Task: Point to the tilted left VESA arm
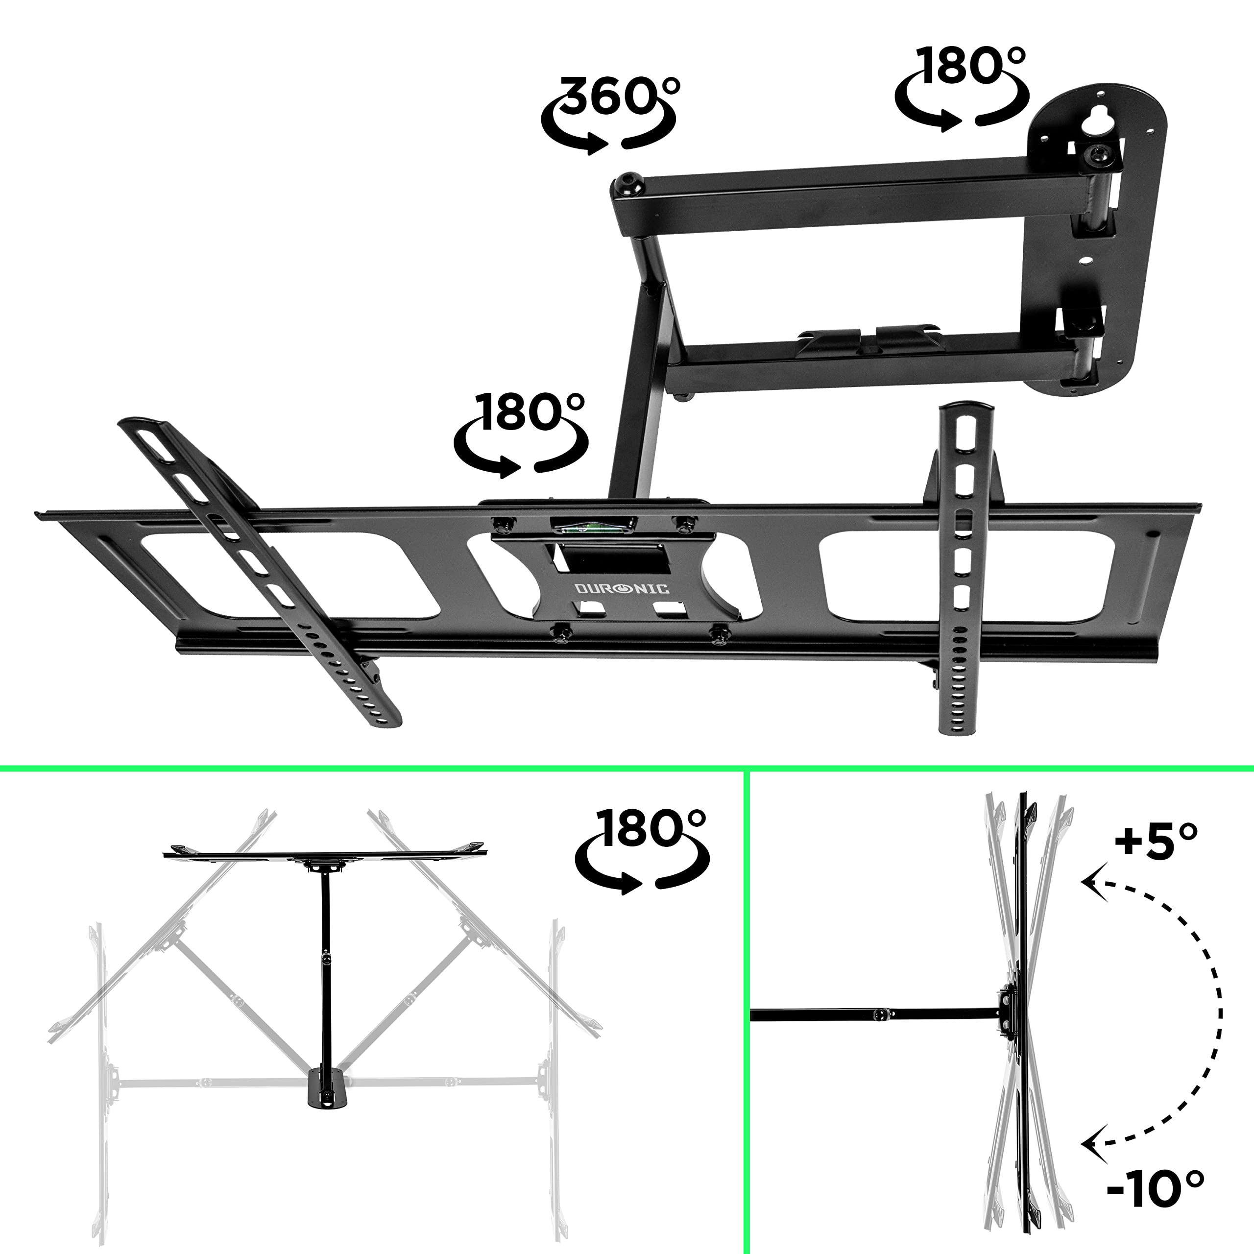[260, 571]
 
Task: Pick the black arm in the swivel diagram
[327, 974]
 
